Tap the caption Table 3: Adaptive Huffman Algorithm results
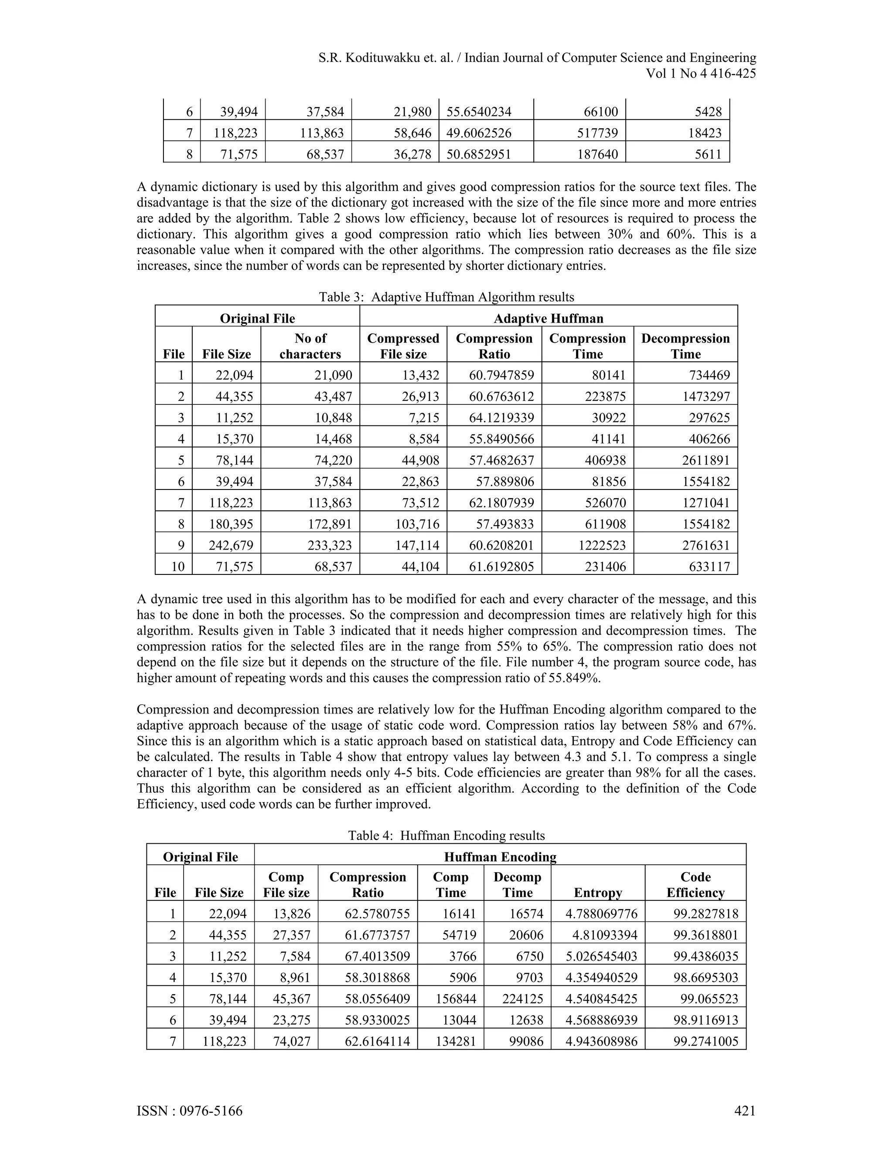[446, 297]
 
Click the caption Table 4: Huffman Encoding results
[446, 835]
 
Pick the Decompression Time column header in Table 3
[685, 346]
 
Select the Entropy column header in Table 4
[598, 893]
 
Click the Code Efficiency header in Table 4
[695, 885]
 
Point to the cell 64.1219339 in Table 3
[501, 418]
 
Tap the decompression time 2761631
[706, 545]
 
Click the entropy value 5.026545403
[601, 956]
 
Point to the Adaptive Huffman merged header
[548, 318]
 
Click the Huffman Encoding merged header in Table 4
[500, 857]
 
